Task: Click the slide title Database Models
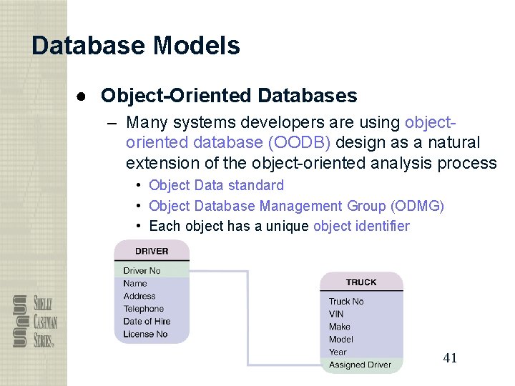[x=136, y=46]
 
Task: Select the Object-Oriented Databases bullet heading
[x=229, y=95]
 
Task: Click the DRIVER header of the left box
[x=152, y=251]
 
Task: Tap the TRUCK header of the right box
[x=361, y=282]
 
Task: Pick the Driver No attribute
[x=142, y=271]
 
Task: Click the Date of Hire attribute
[x=147, y=322]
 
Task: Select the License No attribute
[x=145, y=334]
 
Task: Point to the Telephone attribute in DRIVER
[x=143, y=309]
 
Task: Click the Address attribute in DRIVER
[x=139, y=296]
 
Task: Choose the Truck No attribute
[x=346, y=302]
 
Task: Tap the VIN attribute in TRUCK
[x=336, y=314]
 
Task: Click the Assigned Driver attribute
[x=360, y=365]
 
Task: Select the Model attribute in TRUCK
[x=340, y=340]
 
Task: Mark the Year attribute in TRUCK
[x=338, y=352]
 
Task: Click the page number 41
[x=450, y=358]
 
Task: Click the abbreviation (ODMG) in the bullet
[x=417, y=207]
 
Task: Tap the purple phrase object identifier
[x=361, y=227]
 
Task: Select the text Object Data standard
[x=216, y=185]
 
